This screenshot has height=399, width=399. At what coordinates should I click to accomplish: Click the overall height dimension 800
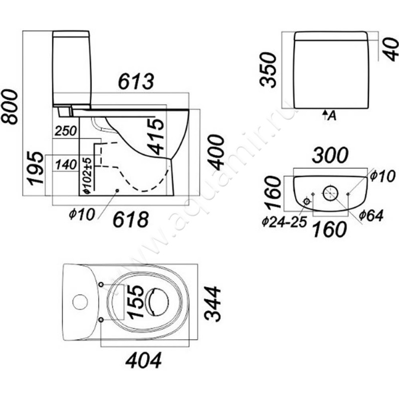click(10, 106)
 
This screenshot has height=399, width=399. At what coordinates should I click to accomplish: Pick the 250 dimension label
click(66, 131)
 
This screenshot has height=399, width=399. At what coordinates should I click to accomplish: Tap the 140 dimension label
click(66, 163)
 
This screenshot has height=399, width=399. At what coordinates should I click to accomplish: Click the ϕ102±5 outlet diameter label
click(86, 174)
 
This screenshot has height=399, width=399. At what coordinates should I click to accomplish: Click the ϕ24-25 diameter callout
click(283, 222)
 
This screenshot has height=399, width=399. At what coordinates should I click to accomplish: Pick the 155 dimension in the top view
click(135, 301)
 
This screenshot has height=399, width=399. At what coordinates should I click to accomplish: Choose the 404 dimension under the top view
click(144, 359)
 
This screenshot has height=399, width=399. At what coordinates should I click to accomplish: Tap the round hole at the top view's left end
click(80, 301)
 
